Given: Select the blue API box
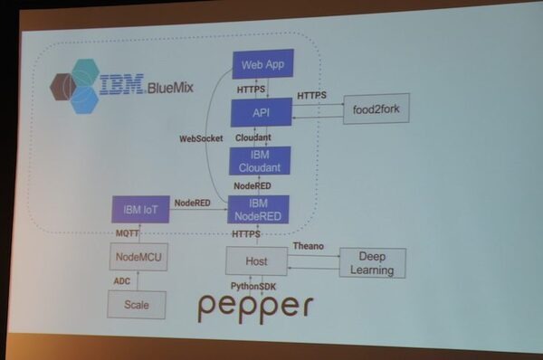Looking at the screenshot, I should click(x=262, y=112).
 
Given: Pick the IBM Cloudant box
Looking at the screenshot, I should click(x=260, y=161).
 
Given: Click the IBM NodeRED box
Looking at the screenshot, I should click(x=258, y=209).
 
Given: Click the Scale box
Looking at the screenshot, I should click(x=137, y=305).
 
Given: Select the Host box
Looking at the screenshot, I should click(x=256, y=262).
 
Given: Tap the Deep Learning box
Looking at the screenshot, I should click(x=372, y=263).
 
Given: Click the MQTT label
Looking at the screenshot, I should click(x=128, y=233).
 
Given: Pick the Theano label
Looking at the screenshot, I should click(x=307, y=246).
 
